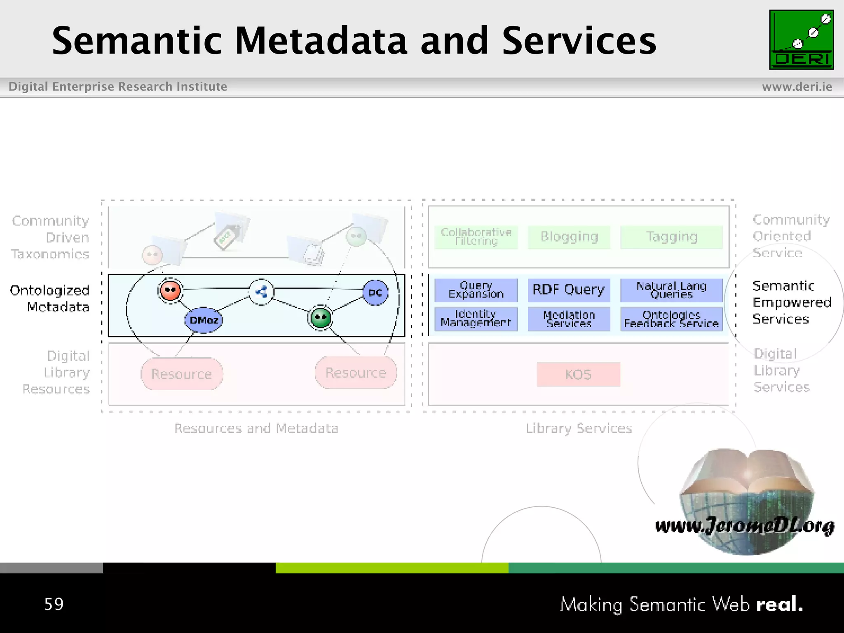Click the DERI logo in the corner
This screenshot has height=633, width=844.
point(801,40)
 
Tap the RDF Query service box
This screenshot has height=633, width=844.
point(569,290)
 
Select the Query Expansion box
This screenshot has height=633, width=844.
point(476,290)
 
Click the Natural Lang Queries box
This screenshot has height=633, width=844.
point(671,290)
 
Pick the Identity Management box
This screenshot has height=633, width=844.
point(476,319)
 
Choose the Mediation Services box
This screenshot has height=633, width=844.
point(569,319)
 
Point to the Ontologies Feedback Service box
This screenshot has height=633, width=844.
point(671,319)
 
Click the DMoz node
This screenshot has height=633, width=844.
point(204,320)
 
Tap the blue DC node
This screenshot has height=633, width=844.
point(375,293)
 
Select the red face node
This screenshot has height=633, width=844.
point(170,291)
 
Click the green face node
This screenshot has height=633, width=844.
point(321,318)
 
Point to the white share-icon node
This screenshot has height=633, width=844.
point(261,292)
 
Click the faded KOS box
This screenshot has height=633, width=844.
point(578,374)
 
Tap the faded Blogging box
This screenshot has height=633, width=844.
point(569,237)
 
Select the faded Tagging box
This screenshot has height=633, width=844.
point(671,237)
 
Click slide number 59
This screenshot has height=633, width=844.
point(54,604)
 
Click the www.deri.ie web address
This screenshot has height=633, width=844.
point(797,87)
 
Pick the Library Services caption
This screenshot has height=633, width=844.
point(579,429)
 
